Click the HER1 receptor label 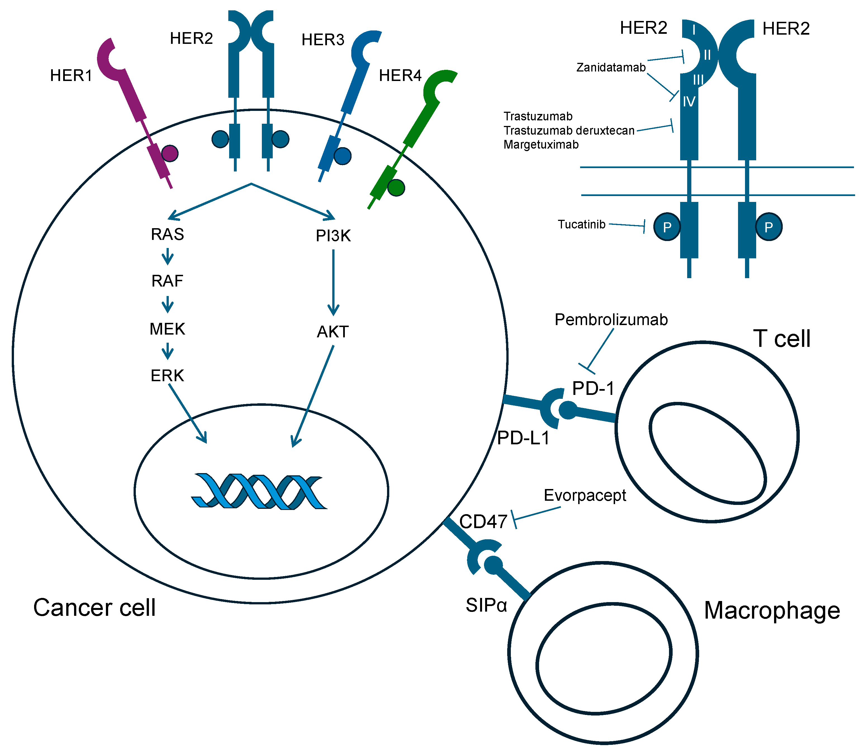point(71,75)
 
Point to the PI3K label point(333,236)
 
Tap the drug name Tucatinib point(581,225)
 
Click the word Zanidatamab point(611,68)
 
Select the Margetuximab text point(541,145)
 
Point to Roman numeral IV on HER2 point(689,102)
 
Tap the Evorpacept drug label point(585,495)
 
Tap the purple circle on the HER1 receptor point(170,154)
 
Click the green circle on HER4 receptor point(396,188)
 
